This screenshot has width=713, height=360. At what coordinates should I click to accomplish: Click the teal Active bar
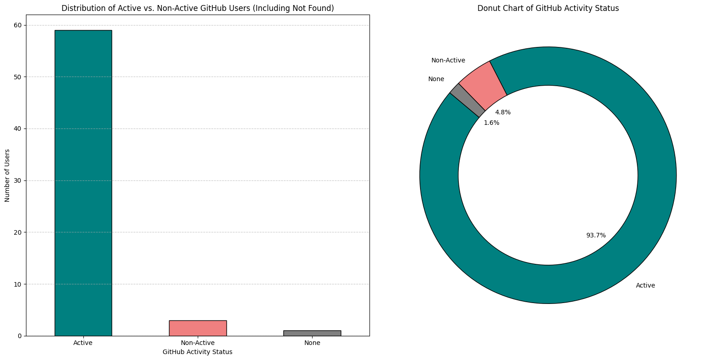83,183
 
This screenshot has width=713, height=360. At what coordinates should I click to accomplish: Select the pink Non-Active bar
198,328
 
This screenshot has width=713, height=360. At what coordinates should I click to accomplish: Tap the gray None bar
312,333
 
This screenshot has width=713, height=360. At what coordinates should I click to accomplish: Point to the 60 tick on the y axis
25,25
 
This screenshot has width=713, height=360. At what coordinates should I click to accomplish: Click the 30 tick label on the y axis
18,181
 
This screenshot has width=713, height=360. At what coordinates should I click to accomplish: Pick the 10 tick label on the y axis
18,284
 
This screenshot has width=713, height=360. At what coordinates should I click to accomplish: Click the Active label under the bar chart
83,343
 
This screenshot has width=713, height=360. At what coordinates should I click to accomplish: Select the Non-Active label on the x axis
198,343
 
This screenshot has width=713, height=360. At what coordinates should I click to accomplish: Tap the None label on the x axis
312,343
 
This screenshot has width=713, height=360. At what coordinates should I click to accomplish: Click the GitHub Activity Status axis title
198,352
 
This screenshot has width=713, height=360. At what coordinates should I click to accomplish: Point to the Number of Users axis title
7,176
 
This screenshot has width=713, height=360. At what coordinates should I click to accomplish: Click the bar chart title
198,8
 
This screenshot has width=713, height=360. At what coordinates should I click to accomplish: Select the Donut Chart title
548,8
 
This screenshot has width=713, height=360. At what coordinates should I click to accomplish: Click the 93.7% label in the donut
596,235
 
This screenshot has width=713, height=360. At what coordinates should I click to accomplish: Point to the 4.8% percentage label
503,112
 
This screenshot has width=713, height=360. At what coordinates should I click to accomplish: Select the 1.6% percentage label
492,123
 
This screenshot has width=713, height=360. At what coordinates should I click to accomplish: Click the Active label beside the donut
646,286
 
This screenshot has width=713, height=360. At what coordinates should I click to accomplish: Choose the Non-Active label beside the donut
448,60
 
